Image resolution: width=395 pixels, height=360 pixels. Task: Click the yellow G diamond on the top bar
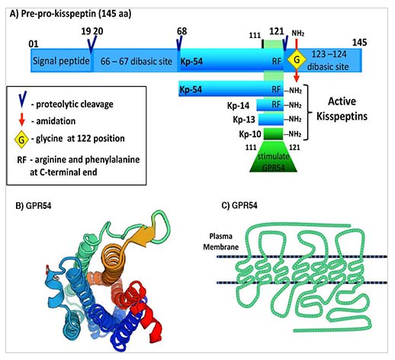point(297,59)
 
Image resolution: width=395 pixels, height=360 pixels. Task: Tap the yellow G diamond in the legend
point(21,140)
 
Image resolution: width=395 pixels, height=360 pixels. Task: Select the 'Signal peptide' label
point(61,61)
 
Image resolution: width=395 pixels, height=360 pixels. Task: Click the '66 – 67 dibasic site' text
point(136,61)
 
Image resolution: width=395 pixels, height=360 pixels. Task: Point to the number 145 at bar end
point(359,43)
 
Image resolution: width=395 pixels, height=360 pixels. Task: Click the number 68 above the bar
point(181,31)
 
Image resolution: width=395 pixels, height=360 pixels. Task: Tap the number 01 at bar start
point(34,44)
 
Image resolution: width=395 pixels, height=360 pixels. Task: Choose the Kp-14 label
point(238,106)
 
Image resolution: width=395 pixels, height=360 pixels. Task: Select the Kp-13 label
point(244,120)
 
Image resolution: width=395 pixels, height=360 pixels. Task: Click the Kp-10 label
point(250,134)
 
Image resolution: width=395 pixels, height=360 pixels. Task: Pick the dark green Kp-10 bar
point(273,134)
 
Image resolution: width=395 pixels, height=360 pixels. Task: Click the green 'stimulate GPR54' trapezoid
point(273,157)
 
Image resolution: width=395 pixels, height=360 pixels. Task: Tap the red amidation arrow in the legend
point(22,120)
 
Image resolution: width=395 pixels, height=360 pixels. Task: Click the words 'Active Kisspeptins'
point(342,109)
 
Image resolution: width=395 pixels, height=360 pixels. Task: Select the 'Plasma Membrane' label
point(220,242)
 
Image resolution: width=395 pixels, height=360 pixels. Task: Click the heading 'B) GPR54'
point(34,205)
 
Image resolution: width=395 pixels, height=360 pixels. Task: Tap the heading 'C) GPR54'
point(239,205)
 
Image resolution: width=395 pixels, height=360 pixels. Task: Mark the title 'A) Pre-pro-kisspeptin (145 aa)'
point(70,14)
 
